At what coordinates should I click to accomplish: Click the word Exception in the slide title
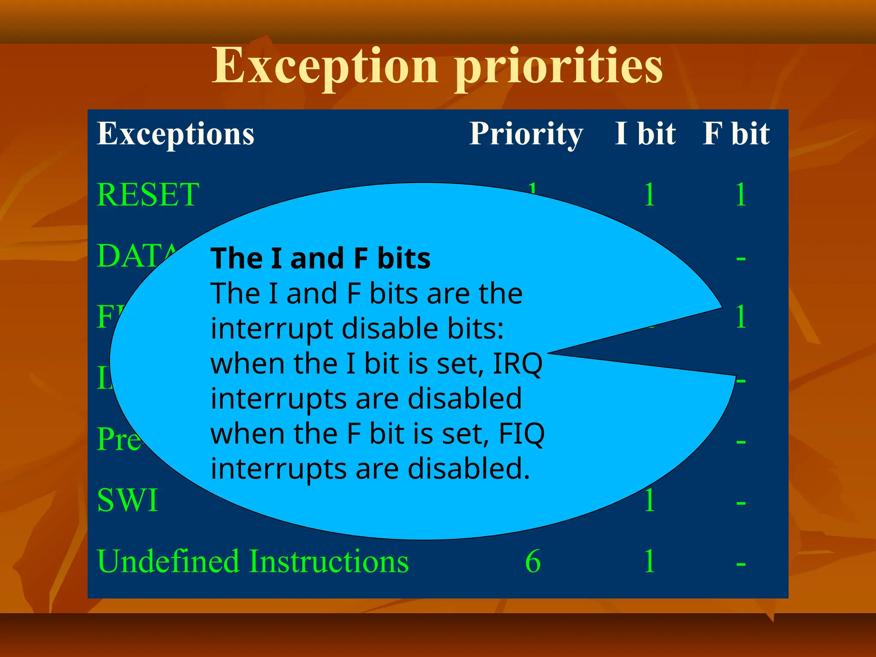[x=325, y=66]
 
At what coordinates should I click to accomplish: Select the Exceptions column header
[x=175, y=134]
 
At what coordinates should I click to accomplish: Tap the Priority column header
[x=526, y=134]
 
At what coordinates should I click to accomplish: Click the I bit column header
[x=645, y=134]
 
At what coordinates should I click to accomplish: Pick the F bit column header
[x=736, y=134]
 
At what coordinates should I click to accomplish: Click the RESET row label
[x=148, y=195]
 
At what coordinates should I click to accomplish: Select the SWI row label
[x=127, y=500]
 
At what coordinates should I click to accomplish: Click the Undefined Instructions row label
[x=253, y=561]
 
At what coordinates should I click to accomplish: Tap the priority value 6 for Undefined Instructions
[x=533, y=561]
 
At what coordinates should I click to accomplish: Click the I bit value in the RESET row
[x=649, y=195]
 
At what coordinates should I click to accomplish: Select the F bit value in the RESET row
[x=741, y=195]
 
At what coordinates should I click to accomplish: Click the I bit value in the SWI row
[x=649, y=500]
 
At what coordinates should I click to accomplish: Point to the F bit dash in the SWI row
[x=741, y=503]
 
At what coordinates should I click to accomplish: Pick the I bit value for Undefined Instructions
[x=649, y=561]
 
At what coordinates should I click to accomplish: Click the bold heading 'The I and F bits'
[x=320, y=258]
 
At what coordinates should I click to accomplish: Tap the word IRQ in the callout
[x=518, y=364]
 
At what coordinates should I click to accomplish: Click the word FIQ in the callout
[x=522, y=434]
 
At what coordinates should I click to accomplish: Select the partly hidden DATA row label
[x=137, y=256]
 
